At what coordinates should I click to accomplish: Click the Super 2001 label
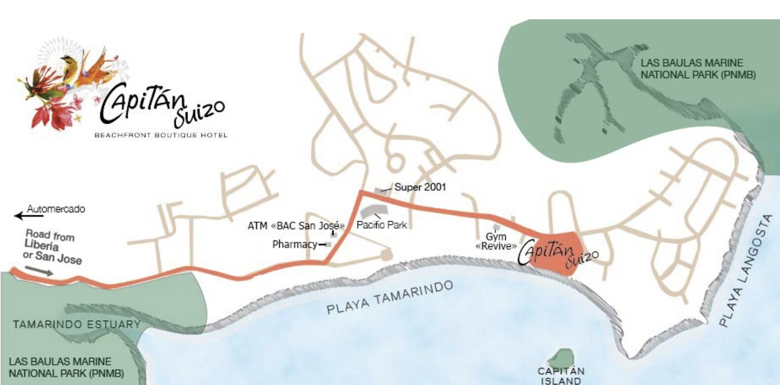(x=420, y=187)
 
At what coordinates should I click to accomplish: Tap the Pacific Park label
(x=382, y=225)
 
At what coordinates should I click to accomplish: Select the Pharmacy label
(x=295, y=244)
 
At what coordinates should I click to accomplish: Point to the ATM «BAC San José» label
(x=296, y=226)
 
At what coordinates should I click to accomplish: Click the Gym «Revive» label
(x=496, y=241)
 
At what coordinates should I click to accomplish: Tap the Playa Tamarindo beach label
(x=390, y=297)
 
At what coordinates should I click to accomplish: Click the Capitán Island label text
(x=561, y=376)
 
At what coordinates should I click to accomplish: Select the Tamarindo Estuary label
(x=77, y=325)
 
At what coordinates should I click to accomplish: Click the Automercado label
(x=56, y=209)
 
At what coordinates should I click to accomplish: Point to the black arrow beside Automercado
(x=20, y=215)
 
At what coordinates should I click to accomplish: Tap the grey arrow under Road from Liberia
(x=39, y=270)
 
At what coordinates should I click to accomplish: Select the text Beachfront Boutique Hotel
(x=161, y=135)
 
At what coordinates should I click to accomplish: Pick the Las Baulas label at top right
(x=698, y=69)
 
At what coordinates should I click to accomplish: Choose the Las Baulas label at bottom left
(x=66, y=367)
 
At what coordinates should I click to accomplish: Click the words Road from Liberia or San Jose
(x=52, y=246)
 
